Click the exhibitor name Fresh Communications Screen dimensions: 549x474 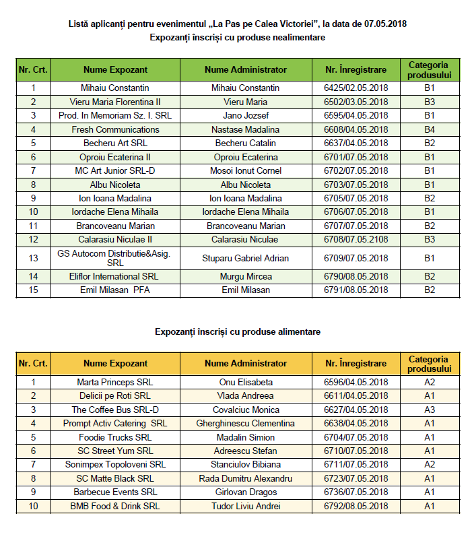point(115,129)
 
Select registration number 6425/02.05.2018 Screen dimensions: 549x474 point(355,88)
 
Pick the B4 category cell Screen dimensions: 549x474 point(430,129)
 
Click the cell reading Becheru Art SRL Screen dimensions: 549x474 point(115,143)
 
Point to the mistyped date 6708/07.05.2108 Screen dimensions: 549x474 point(355,239)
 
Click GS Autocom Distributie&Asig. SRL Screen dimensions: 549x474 point(115,258)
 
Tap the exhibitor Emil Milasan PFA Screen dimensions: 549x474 point(115,290)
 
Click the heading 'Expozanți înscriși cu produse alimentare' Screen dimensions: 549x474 point(237,331)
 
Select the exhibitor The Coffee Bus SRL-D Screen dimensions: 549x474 point(115,410)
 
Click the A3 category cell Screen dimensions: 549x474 point(430,410)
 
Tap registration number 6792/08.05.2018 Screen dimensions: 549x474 point(355,506)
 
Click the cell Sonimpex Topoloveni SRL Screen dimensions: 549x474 point(115,464)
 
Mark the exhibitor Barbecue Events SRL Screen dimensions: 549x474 point(115,492)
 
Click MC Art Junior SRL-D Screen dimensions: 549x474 point(115,170)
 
